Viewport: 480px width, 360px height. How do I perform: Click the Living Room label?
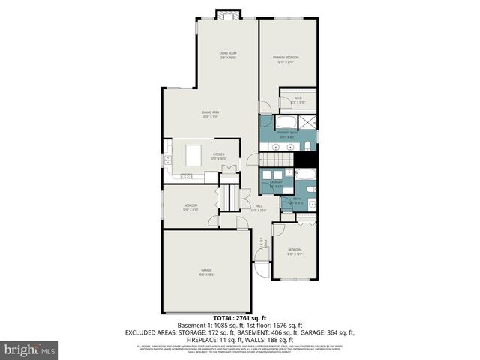pyautogui.click(x=228, y=54)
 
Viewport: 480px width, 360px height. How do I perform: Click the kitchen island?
pyautogui.click(x=193, y=156)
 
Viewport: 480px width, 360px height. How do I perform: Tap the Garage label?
pyautogui.click(x=206, y=271)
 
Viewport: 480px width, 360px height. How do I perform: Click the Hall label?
pyautogui.click(x=259, y=208)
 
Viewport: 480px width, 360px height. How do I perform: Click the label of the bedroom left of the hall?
pyautogui.click(x=191, y=207)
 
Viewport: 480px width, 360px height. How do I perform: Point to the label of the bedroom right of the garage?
pyautogui.click(x=295, y=250)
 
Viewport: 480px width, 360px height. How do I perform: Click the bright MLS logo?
pyautogui.click(x=30, y=349)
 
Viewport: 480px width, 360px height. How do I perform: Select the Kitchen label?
pyautogui.click(x=218, y=156)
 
